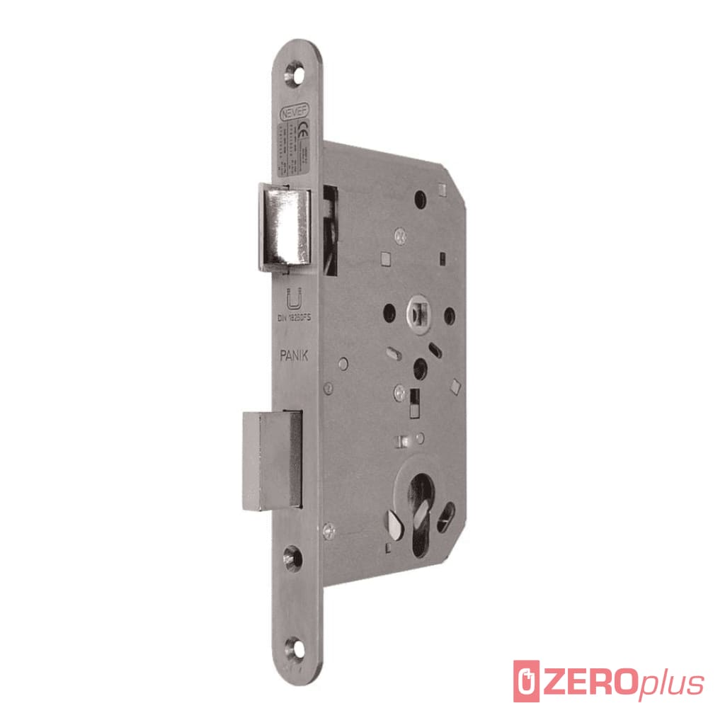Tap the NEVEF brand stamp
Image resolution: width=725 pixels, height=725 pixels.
click(x=294, y=111)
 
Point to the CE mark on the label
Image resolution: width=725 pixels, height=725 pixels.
click(x=300, y=131)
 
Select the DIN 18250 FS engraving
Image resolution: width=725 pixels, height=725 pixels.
click(x=293, y=318)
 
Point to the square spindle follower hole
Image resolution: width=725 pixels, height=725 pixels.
click(x=416, y=312)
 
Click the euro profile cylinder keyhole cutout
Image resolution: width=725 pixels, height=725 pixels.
click(x=421, y=506)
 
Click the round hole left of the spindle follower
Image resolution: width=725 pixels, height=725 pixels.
click(x=389, y=312)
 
